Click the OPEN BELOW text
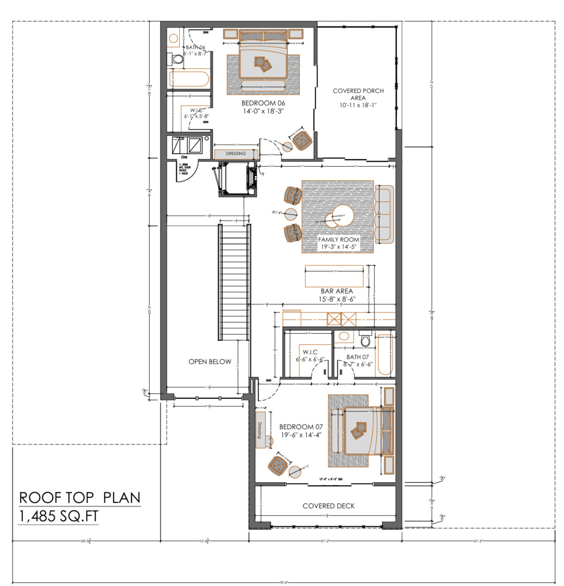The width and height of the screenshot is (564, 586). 210,361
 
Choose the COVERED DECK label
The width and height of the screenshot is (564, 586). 328,506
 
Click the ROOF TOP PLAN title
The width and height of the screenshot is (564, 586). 79,498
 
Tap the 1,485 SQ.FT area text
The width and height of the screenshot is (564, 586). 59,517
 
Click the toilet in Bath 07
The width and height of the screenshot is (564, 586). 365,340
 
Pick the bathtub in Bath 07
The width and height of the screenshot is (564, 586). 385,354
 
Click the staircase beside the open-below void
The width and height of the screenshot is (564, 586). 235,282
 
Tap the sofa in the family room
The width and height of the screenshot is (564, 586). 384,214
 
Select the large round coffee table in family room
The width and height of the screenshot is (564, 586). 343,216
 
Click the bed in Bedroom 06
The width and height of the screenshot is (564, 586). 264,59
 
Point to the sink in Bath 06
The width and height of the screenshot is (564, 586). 174,39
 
